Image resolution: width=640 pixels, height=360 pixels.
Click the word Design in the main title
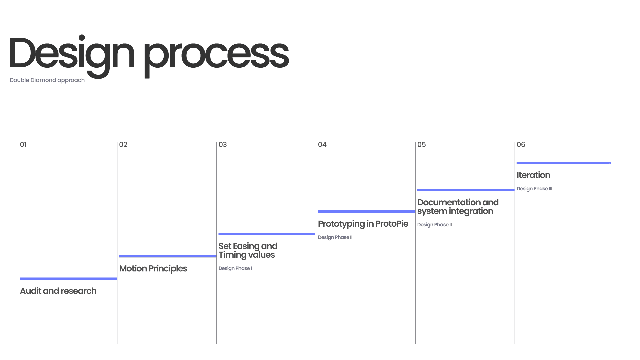pyautogui.click(x=72, y=53)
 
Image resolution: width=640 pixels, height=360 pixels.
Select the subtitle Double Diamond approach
pyautogui.click(x=47, y=80)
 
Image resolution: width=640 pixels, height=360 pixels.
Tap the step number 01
pyautogui.click(x=23, y=145)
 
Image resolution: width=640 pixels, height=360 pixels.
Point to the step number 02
pyautogui.click(x=123, y=145)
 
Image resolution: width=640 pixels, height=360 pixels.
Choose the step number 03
pyautogui.click(x=223, y=145)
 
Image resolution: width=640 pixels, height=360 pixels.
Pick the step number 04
pyautogui.click(x=322, y=145)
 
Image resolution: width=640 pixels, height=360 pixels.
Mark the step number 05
pyautogui.click(x=421, y=145)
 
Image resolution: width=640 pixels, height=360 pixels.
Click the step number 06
pyautogui.click(x=521, y=145)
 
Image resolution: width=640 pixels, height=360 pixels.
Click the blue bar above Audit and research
pyautogui.click(x=68, y=279)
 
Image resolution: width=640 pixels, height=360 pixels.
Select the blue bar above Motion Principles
pyautogui.click(x=168, y=256)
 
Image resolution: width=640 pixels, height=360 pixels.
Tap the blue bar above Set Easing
pyautogui.click(x=267, y=234)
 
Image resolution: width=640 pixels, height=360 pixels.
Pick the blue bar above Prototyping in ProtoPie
pyautogui.click(x=366, y=211)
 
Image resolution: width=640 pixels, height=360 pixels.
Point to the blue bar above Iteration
pyautogui.click(x=564, y=163)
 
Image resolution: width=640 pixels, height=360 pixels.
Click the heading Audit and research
pyautogui.click(x=58, y=291)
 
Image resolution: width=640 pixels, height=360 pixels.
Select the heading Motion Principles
pyautogui.click(x=153, y=268)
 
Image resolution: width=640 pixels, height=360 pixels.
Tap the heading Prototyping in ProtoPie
pyautogui.click(x=363, y=224)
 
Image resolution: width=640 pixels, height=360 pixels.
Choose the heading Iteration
pyautogui.click(x=533, y=175)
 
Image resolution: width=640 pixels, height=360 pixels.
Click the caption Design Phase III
pyautogui.click(x=534, y=189)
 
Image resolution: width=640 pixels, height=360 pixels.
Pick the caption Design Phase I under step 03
pyautogui.click(x=235, y=268)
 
